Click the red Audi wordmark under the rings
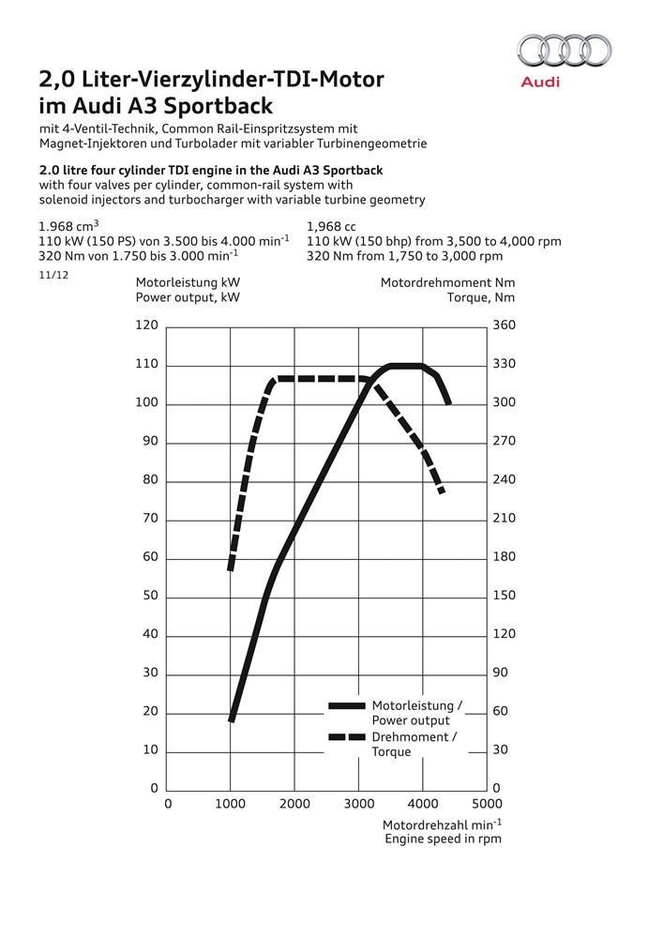tap(540, 83)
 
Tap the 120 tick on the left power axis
tap(147, 325)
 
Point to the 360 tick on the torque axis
tap(505, 325)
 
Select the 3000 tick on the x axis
tap(358, 804)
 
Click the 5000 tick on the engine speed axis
tap(486, 804)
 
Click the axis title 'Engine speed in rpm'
tap(443, 839)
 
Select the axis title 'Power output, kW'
tap(188, 297)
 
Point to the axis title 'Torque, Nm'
tap(481, 297)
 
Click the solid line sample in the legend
tap(346, 705)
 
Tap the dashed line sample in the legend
tap(346, 737)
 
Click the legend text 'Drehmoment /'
tap(414, 737)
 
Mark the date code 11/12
tap(53, 276)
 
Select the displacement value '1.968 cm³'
tap(69, 226)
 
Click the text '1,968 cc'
tap(334, 226)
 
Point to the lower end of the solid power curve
tap(231, 719)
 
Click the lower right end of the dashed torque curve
tap(441, 491)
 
